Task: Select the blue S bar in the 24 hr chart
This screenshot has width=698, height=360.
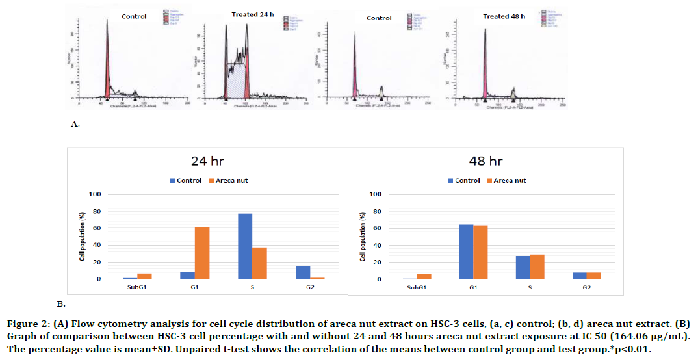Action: tap(244, 246)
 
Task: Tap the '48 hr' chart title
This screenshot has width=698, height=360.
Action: tap(485, 161)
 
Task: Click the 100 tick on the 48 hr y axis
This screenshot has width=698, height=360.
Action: tap(375, 194)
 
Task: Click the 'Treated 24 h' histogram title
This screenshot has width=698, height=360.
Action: tap(252, 14)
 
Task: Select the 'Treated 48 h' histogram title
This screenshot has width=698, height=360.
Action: tap(504, 16)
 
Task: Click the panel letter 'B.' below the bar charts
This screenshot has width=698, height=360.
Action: tap(60, 303)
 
